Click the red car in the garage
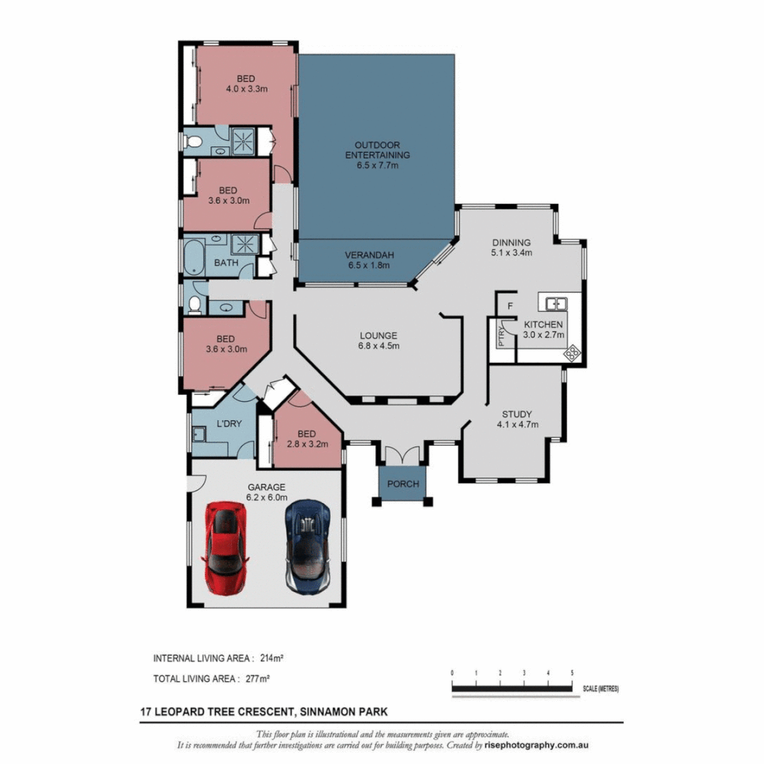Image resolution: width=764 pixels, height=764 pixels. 226,547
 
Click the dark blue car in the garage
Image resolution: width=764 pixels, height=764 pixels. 308,547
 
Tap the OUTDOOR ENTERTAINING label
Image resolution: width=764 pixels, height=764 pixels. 377,161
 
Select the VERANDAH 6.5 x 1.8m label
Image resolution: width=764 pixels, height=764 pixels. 369,260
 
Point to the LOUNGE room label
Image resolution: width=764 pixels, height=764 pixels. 378,341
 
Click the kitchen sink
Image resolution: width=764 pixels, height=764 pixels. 556,304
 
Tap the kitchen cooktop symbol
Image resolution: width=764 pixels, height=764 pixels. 572,351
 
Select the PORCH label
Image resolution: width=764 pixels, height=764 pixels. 403,485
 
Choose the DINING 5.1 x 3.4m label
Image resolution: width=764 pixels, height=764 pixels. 511,247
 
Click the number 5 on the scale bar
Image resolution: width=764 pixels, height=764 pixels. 572,672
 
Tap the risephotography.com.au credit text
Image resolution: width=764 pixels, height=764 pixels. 537,746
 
